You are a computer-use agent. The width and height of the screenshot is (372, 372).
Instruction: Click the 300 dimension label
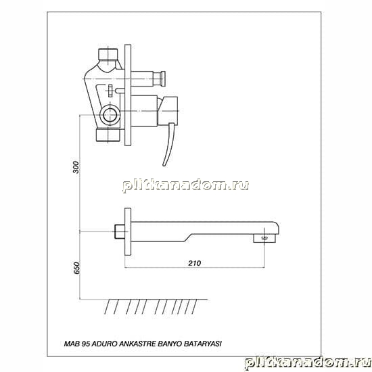tap(76, 167)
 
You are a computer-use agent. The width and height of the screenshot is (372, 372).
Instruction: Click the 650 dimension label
tap(77, 268)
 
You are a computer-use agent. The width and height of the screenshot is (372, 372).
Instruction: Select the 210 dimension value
tap(195, 263)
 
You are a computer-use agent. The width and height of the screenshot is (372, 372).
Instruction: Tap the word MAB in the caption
tap(72, 344)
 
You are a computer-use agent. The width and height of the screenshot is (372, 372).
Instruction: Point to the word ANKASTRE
tap(137, 344)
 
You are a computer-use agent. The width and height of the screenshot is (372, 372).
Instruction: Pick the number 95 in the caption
tap(86, 344)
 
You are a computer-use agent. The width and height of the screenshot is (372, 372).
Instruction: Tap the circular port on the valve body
tap(110, 115)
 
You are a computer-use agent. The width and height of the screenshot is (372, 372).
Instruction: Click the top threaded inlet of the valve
tap(108, 54)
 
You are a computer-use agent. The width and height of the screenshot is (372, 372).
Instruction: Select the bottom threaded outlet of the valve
tap(109, 135)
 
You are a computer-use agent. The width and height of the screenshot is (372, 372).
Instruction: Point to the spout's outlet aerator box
tap(264, 238)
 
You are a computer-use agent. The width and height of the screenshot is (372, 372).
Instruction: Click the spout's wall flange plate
tap(128, 231)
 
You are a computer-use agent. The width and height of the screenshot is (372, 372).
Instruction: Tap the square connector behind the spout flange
tap(119, 231)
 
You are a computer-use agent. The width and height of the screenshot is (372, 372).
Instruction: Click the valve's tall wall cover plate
tap(128, 95)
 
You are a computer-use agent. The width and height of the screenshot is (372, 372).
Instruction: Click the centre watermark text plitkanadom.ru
tap(185, 185)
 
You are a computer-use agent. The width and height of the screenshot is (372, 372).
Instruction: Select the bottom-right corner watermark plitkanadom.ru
tap(308, 363)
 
